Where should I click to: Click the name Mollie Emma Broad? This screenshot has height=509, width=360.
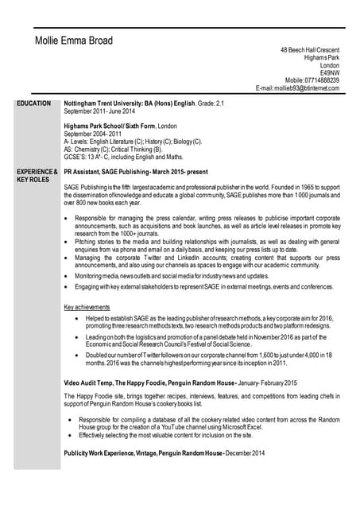[74, 41]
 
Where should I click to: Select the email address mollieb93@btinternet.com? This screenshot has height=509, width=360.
[297, 88]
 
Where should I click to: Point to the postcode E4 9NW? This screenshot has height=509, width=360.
[329, 72]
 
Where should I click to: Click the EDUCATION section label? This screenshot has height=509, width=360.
[34, 103]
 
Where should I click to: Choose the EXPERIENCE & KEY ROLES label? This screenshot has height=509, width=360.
[37, 175]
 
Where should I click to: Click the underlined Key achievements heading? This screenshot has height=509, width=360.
[87, 307]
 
